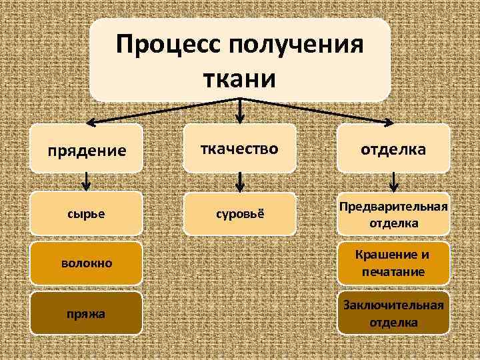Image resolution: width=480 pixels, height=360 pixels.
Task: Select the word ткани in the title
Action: (241, 79)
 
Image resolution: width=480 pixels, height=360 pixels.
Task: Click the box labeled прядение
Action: (87, 150)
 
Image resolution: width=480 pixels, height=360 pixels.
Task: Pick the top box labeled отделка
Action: (393, 149)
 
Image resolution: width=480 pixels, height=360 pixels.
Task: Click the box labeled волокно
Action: (87, 263)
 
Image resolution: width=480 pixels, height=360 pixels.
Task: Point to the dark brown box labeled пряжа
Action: (87, 312)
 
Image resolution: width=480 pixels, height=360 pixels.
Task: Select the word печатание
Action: (393, 271)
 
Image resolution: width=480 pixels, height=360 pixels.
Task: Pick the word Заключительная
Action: (393, 305)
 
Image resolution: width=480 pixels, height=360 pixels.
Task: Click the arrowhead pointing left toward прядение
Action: (93, 123)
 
